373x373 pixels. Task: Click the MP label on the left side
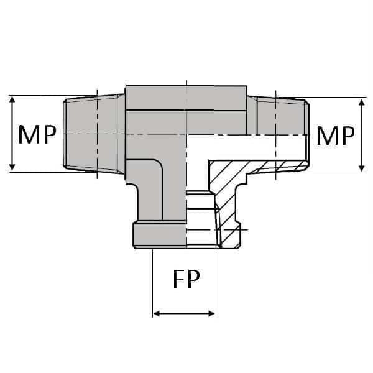pyautogui.click(x=37, y=134)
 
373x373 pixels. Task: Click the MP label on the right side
pyautogui.click(x=335, y=136)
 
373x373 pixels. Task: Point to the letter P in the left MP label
pyautogui.click(x=48, y=134)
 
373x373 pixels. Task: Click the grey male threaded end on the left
pyautogui.click(x=93, y=134)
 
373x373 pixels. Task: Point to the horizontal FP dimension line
pyautogui.click(x=185, y=314)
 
